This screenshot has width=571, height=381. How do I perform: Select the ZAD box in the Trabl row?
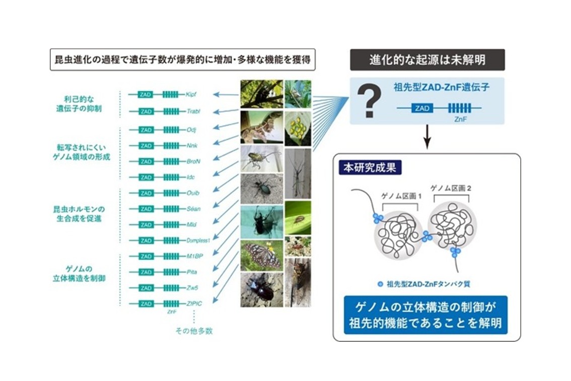146,111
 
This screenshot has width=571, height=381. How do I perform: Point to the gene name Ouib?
193,193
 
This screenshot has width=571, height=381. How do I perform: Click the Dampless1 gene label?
198,240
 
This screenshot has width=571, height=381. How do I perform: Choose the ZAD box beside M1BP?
146,256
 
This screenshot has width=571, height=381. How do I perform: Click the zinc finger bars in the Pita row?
171,272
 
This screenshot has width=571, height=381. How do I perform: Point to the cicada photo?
298,282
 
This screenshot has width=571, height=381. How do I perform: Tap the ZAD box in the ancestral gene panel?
422,108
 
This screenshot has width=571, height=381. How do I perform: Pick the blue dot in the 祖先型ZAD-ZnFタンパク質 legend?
380,284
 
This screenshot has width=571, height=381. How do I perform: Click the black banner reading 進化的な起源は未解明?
427,60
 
